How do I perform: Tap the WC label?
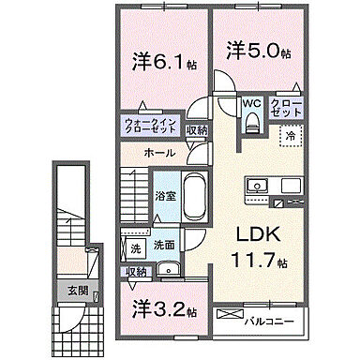[x=251, y=104]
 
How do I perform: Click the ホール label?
[x=160, y=152]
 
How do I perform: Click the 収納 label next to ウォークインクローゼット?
[x=197, y=131]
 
